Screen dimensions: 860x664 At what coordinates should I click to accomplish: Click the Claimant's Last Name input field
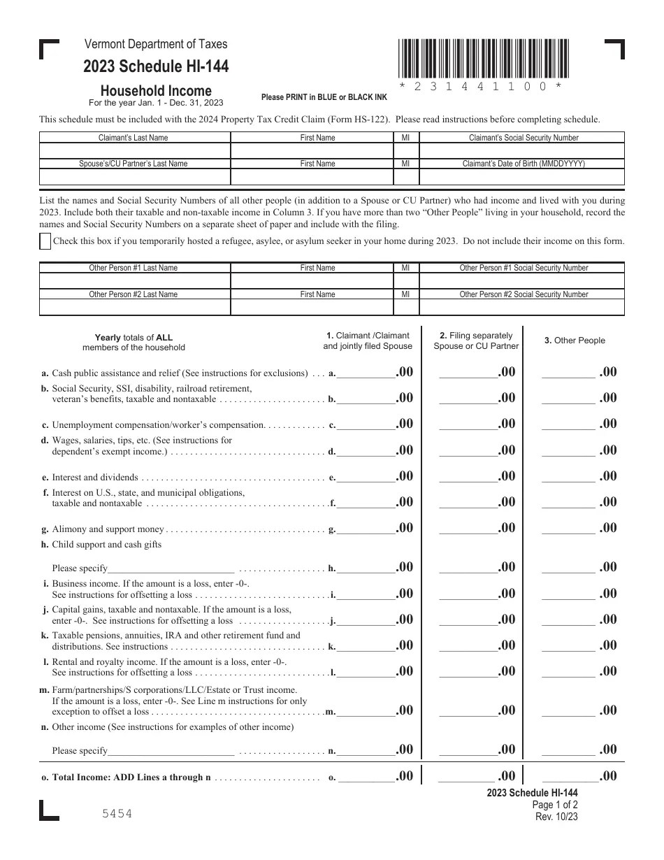tap(135, 150)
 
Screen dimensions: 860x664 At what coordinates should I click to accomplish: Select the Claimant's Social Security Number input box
tap(521, 150)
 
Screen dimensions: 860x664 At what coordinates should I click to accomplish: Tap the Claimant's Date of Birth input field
tap(521, 176)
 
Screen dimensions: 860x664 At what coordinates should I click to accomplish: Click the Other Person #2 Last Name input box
tap(135, 307)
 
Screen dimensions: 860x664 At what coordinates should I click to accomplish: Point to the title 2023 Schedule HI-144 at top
tap(156, 67)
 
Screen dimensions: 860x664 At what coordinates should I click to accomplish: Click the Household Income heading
tap(156, 90)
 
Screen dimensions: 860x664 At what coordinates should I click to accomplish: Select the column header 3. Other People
tap(575, 341)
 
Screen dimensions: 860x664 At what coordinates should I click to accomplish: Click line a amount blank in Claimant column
tap(366, 372)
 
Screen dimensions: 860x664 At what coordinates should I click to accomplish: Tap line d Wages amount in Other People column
tap(569, 450)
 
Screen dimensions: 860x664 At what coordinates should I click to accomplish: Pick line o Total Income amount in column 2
tap(466, 775)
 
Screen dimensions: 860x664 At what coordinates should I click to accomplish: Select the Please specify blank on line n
tap(171, 750)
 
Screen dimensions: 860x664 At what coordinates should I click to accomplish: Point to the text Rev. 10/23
tap(556, 816)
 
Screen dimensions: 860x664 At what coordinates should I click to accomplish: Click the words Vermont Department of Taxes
tap(156, 44)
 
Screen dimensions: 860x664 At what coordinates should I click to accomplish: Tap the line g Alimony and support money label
tap(108, 529)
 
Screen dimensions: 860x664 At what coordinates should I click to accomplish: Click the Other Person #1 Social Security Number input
tap(521, 280)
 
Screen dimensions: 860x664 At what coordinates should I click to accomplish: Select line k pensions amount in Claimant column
tap(366, 645)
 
